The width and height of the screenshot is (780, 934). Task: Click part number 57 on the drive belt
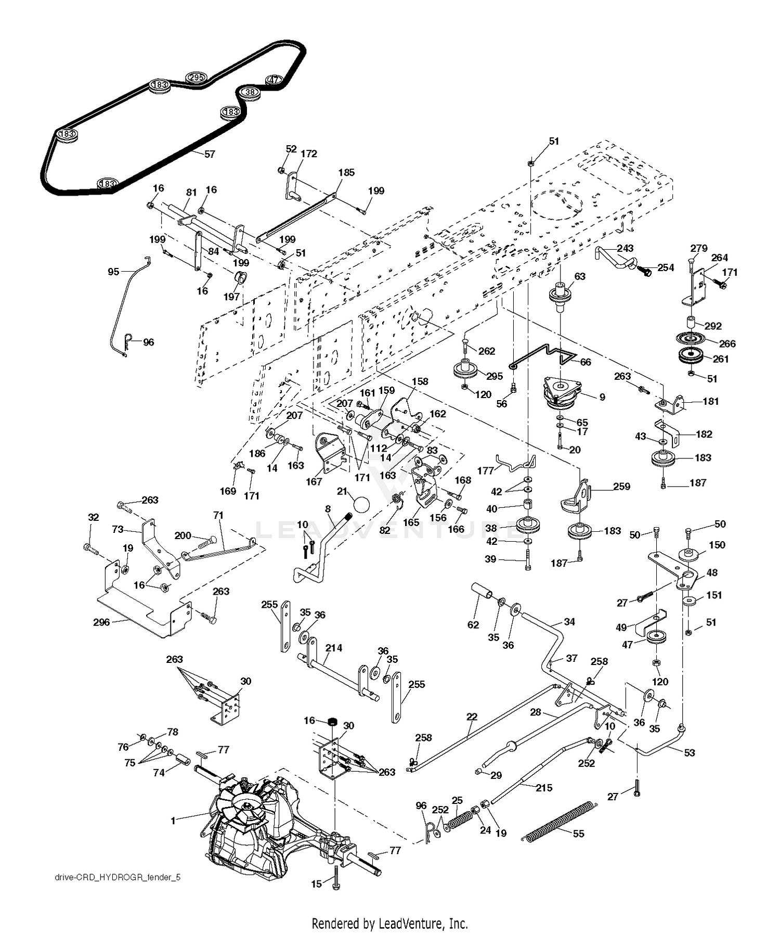coord(210,154)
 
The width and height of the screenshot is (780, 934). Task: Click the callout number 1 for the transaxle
coord(173,821)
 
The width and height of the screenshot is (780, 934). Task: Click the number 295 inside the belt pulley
coord(196,78)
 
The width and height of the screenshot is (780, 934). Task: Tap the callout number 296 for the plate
coord(101,622)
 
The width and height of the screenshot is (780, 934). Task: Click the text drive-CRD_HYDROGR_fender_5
coord(118,877)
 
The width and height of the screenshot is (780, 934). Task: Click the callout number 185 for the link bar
coord(346,172)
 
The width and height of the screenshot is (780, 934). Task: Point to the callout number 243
coord(626,249)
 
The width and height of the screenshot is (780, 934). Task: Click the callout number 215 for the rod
coord(544,788)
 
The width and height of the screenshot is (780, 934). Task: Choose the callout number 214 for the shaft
coord(334,648)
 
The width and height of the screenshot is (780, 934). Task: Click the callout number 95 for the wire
coord(113,271)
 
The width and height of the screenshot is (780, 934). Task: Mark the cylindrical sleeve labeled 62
coord(482,594)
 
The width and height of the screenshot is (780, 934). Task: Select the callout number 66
coord(586,362)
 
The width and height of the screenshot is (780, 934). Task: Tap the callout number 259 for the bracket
coord(621,487)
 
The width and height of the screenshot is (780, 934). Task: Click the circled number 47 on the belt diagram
coord(274,80)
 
